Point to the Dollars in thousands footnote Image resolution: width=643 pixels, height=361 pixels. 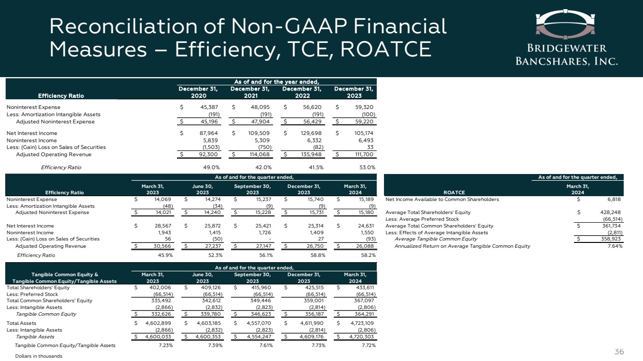(39, 356)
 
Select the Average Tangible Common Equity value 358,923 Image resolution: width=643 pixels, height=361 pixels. (610, 239)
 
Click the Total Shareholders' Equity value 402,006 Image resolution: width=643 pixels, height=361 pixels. (157, 287)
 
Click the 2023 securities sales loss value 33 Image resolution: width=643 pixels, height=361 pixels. (370, 147)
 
